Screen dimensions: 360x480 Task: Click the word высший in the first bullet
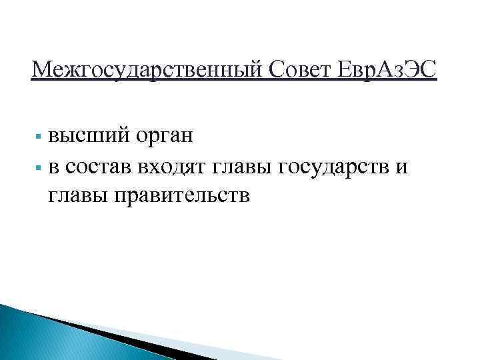[x=87, y=138]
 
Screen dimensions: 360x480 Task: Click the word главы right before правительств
[x=79, y=196]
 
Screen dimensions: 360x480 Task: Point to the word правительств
[x=183, y=196]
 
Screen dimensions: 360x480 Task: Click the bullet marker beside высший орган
[x=39, y=139]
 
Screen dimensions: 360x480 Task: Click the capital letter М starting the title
[x=41, y=68]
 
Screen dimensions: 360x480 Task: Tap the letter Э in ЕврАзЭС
[x=414, y=68]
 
